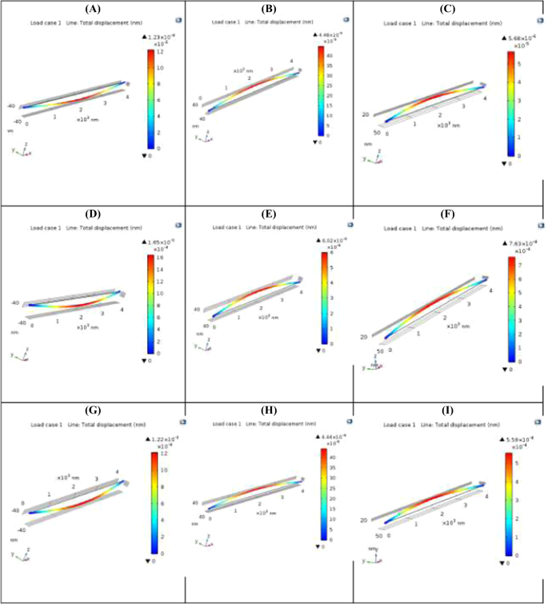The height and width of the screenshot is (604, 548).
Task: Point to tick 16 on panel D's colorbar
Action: point(159,258)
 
